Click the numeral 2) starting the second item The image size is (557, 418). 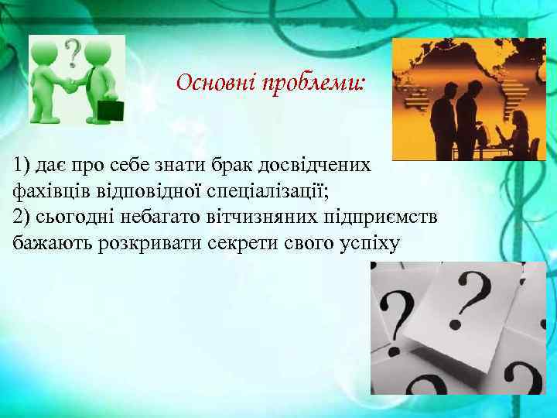coord(22,217)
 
